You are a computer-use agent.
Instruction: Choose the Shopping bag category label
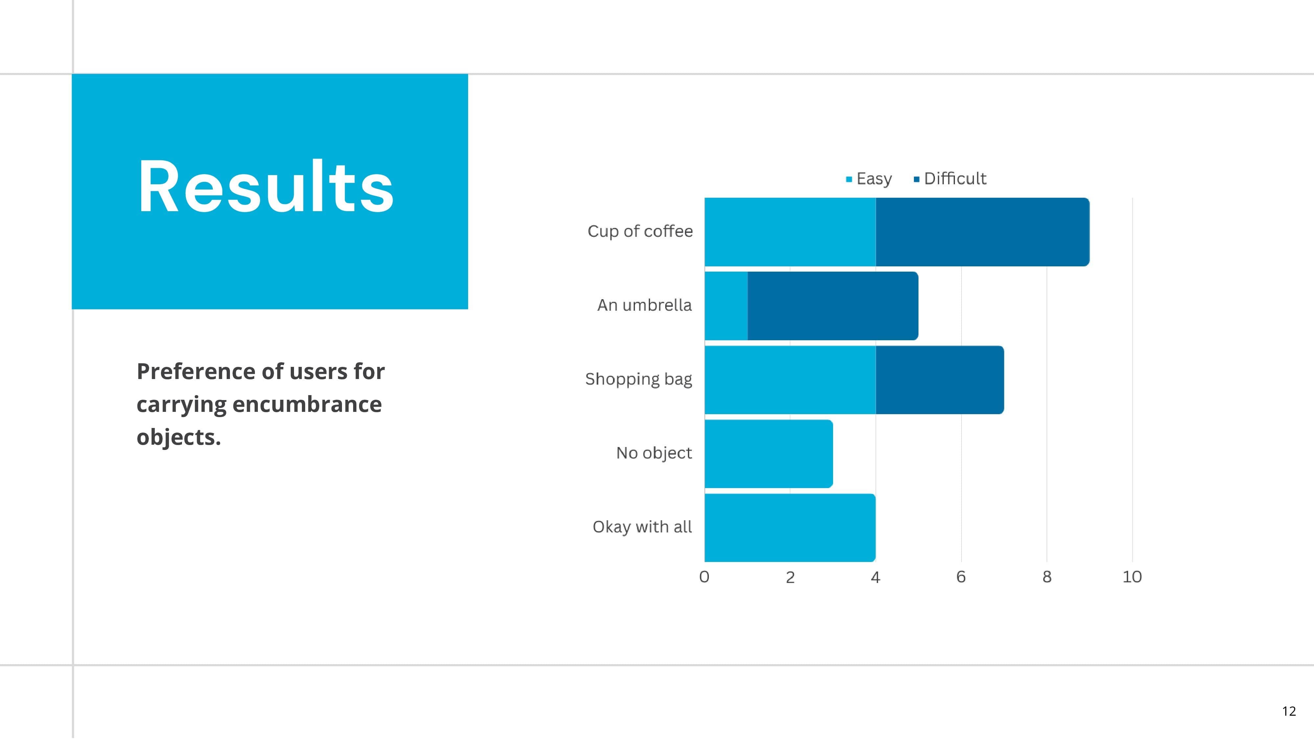click(639, 379)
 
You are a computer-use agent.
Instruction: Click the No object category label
click(654, 453)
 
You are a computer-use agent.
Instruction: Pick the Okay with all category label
click(642, 527)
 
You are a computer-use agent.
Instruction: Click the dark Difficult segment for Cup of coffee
click(983, 232)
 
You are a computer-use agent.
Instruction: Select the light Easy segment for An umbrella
click(726, 306)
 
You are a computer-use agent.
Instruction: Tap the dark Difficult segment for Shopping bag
click(940, 380)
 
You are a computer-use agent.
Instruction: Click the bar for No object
click(769, 454)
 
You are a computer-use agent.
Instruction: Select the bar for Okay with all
click(790, 528)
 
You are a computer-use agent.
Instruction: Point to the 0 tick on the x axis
click(704, 577)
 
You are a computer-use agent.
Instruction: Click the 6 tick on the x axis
click(961, 577)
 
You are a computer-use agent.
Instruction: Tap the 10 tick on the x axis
click(1132, 577)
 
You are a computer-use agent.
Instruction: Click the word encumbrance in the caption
click(307, 404)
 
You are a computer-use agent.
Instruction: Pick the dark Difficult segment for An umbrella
click(833, 306)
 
